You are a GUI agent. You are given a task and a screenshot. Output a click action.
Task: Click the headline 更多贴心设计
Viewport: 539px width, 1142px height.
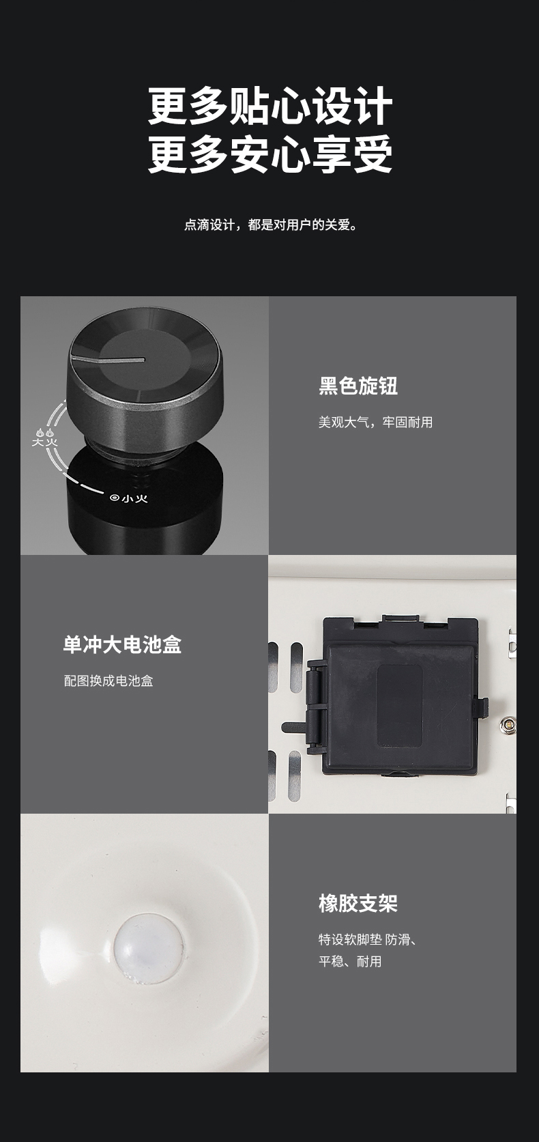[x=270, y=105]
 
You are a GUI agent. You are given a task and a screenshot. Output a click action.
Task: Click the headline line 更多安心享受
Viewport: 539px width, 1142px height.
[x=270, y=154]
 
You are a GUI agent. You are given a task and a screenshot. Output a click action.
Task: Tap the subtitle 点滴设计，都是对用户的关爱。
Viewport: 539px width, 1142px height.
[x=270, y=225]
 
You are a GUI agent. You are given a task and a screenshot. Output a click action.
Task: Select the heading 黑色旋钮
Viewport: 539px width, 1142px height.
[x=358, y=386]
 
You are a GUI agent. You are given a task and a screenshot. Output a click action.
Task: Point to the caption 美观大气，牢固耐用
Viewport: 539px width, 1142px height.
[x=375, y=422]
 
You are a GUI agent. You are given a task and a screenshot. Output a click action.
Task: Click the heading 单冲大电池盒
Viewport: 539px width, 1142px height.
[x=122, y=644]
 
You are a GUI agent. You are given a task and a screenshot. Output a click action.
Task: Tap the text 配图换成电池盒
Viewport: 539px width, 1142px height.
[x=108, y=681]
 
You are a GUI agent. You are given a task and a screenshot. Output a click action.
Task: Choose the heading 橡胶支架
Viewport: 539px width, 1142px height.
[x=358, y=903]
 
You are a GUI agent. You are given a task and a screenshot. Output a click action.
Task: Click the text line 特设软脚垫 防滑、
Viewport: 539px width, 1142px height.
[x=368, y=939]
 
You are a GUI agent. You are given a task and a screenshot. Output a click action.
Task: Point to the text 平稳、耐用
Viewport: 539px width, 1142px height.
[x=350, y=962]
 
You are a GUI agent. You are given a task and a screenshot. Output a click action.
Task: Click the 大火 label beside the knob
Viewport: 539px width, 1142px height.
[x=45, y=442]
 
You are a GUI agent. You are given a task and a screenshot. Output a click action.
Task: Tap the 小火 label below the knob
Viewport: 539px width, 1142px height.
[x=134, y=498]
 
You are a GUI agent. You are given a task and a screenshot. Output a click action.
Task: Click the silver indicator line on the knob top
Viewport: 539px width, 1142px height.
[x=108, y=359]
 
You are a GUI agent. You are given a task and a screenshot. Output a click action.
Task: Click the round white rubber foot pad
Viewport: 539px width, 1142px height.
[x=148, y=947]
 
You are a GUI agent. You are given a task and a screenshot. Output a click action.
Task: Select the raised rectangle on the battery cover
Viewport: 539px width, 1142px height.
[x=399, y=705]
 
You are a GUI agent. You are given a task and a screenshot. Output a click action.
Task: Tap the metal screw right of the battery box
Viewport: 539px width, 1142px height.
[x=508, y=724]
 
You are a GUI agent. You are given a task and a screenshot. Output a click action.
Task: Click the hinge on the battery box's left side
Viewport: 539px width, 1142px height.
[x=315, y=706]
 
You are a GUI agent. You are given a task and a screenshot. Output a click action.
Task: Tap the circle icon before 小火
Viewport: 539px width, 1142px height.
[x=115, y=498]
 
